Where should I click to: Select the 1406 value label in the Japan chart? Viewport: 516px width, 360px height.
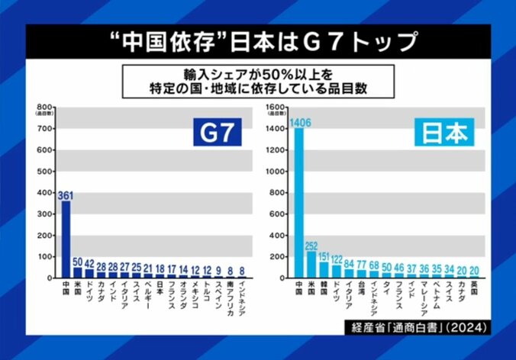[x=298, y=121]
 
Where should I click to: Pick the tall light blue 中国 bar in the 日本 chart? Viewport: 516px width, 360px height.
[x=298, y=202]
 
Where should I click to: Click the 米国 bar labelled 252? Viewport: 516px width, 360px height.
[x=311, y=264]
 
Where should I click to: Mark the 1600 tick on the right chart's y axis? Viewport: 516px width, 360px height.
[x=276, y=106]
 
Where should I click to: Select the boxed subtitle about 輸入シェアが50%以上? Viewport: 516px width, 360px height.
[x=257, y=80]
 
